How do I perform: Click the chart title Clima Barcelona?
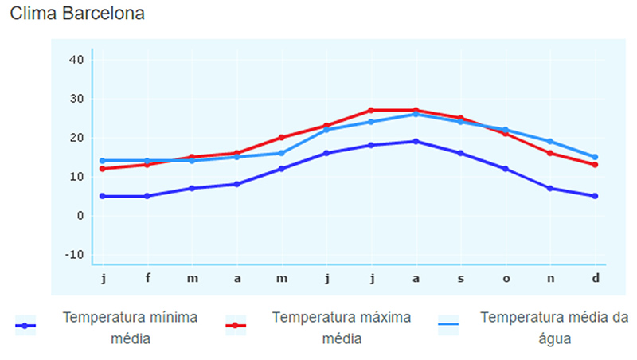tap(77, 14)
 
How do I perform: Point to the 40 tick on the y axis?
tap(76, 60)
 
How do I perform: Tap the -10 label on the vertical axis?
tap(74, 255)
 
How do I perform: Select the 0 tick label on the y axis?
tap(80, 216)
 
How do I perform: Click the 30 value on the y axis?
tap(76, 99)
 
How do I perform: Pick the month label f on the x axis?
tap(147, 278)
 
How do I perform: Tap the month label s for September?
tap(461, 279)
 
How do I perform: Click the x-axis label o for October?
tap(506, 279)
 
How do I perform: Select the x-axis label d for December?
tap(595, 278)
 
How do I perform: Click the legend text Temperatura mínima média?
tap(130, 327)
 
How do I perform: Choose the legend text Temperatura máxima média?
tap(342, 327)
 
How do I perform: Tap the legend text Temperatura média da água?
tap(554, 327)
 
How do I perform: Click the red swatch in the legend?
tap(236, 326)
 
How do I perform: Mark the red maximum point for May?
tap(282, 137)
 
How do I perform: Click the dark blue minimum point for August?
tap(416, 142)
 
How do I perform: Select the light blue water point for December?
tap(595, 157)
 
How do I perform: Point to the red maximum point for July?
tap(371, 110)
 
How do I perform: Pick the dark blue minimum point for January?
tap(103, 196)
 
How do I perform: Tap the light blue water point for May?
tap(282, 153)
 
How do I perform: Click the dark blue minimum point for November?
tap(550, 188)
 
